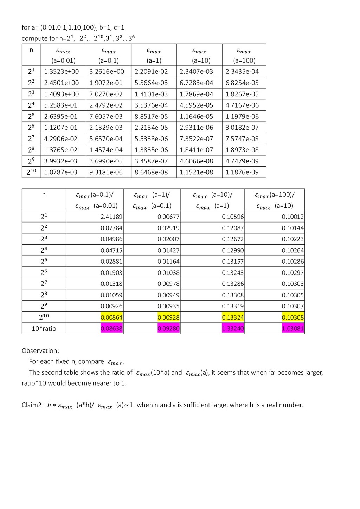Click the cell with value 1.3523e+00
pyautogui.click(x=62, y=71)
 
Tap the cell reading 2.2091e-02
pyautogui.click(x=151, y=71)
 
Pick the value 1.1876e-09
pyautogui.click(x=242, y=172)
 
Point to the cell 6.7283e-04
pyautogui.click(x=197, y=83)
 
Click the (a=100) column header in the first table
pyautogui.click(x=244, y=56)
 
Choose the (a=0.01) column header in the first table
pyautogui.click(x=63, y=56)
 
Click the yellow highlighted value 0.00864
pyautogui.click(x=111, y=317)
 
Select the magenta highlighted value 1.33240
pyautogui.click(x=233, y=329)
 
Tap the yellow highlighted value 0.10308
pyautogui.click(x=293, y=317)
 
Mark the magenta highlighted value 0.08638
pyautogui.click(x=111, y=329)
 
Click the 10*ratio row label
pyautogui.click(x=44, y=329)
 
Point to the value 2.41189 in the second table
pyautogui.click(x=111, y=217)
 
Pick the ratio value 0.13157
pyautogui.click(x=233, y=262)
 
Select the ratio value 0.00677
pyautogui.click(x=168, y=217)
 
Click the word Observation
pyautogui.click(x=40, y=351)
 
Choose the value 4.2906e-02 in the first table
pyautogui.click(x=60, y=139)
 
